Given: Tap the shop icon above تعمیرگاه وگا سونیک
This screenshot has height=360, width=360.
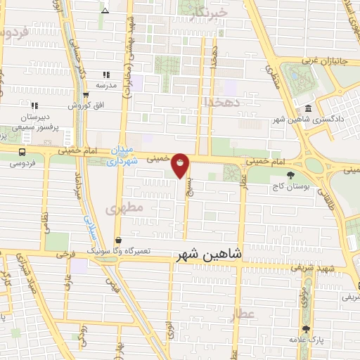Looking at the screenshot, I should coord(117,240).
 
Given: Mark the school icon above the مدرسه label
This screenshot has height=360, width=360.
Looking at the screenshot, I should coord(105,75).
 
